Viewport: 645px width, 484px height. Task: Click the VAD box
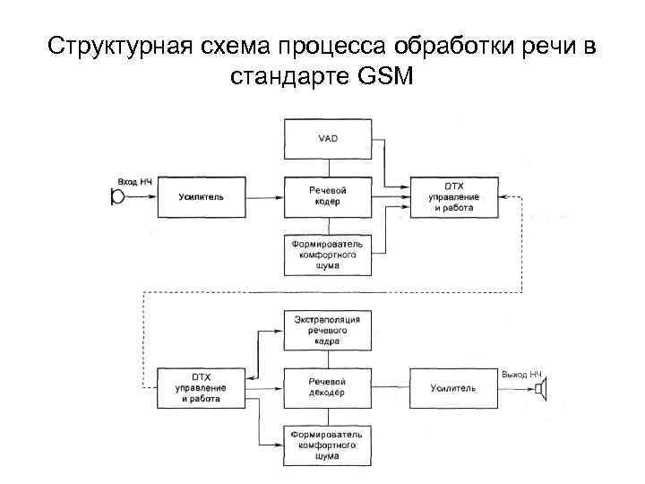(328, 139)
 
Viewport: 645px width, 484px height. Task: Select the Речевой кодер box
(328, 196)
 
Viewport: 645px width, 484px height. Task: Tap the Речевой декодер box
(328, 387)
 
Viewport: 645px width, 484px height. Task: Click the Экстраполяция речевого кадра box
(328, 331)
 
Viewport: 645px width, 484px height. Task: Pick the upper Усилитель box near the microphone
(202, 196)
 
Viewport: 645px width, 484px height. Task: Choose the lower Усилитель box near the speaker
(453, 387)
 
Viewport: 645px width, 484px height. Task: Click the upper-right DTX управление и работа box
(453, 196)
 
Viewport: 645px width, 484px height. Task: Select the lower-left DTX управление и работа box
(202, 387)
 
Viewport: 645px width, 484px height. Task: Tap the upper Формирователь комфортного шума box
(328, 255)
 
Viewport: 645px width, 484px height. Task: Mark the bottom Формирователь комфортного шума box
(328, 445)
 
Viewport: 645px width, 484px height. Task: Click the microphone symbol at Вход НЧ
(116, 197)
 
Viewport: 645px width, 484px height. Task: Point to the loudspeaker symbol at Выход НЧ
(540, 387)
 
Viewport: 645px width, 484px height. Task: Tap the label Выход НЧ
(522, 372)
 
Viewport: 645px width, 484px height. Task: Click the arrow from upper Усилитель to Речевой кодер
(265, 196)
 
